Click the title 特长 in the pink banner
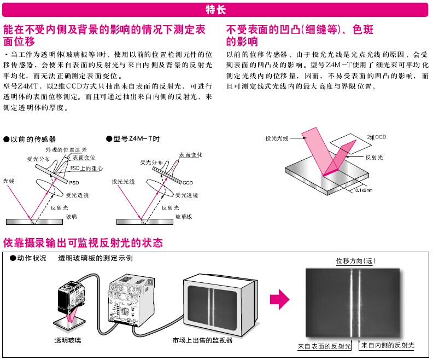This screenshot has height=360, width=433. (216, 9)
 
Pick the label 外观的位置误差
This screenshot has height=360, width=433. (66, 150)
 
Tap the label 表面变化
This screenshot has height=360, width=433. (191, 155)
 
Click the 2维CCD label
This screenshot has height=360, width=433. (377, 136)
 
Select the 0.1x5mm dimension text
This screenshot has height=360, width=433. (364, 190)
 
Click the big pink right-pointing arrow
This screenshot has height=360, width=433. (279, 298)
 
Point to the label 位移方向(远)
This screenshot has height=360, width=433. (356, 260)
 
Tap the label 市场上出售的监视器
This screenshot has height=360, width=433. (202, 340)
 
